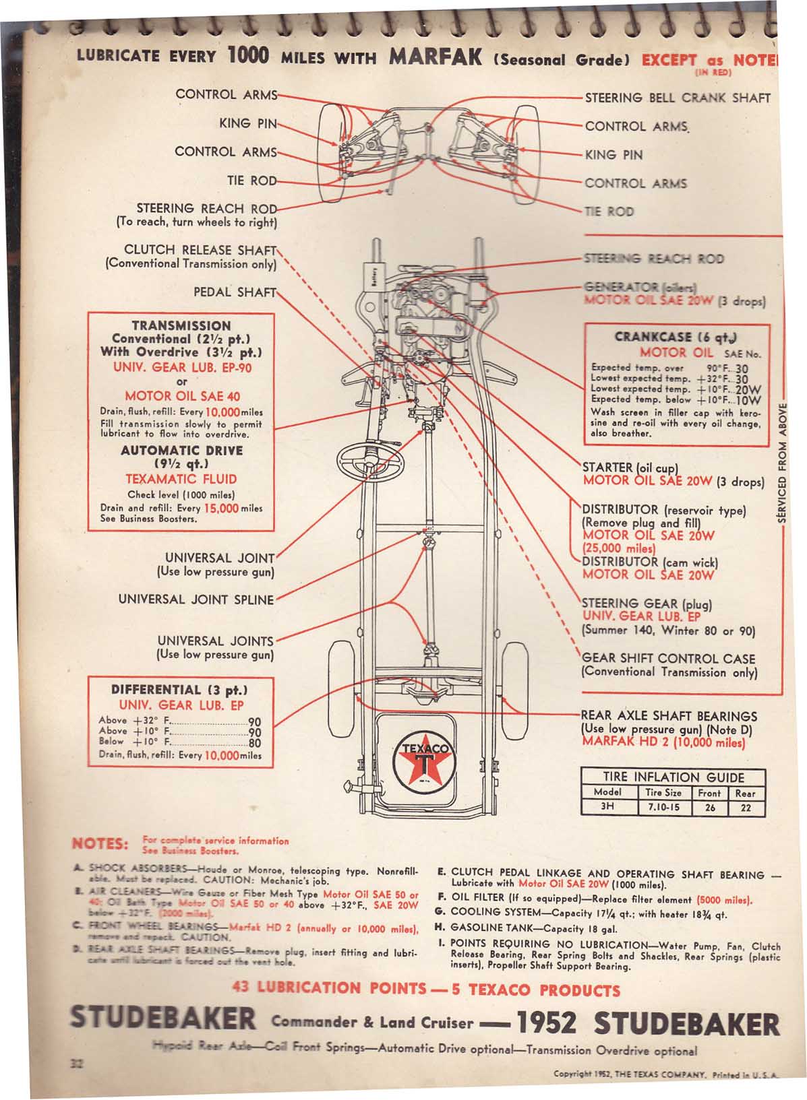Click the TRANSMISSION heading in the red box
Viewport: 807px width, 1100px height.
point(181,325)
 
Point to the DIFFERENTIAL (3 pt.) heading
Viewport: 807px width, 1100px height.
point(180,690)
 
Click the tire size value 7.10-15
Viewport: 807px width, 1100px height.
point(664,806)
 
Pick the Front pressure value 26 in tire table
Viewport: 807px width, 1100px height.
point(709,807)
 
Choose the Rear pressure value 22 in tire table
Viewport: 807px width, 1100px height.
point(745,807)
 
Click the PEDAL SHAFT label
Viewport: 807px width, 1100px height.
point(235,292)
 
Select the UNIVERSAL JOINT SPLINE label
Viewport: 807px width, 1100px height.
point(196,600)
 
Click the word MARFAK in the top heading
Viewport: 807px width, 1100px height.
point(436,57)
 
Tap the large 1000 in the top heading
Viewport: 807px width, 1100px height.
point(249,55)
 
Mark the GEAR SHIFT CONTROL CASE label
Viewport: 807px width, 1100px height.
point(668,659)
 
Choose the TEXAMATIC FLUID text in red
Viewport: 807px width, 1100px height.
point(181,479)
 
